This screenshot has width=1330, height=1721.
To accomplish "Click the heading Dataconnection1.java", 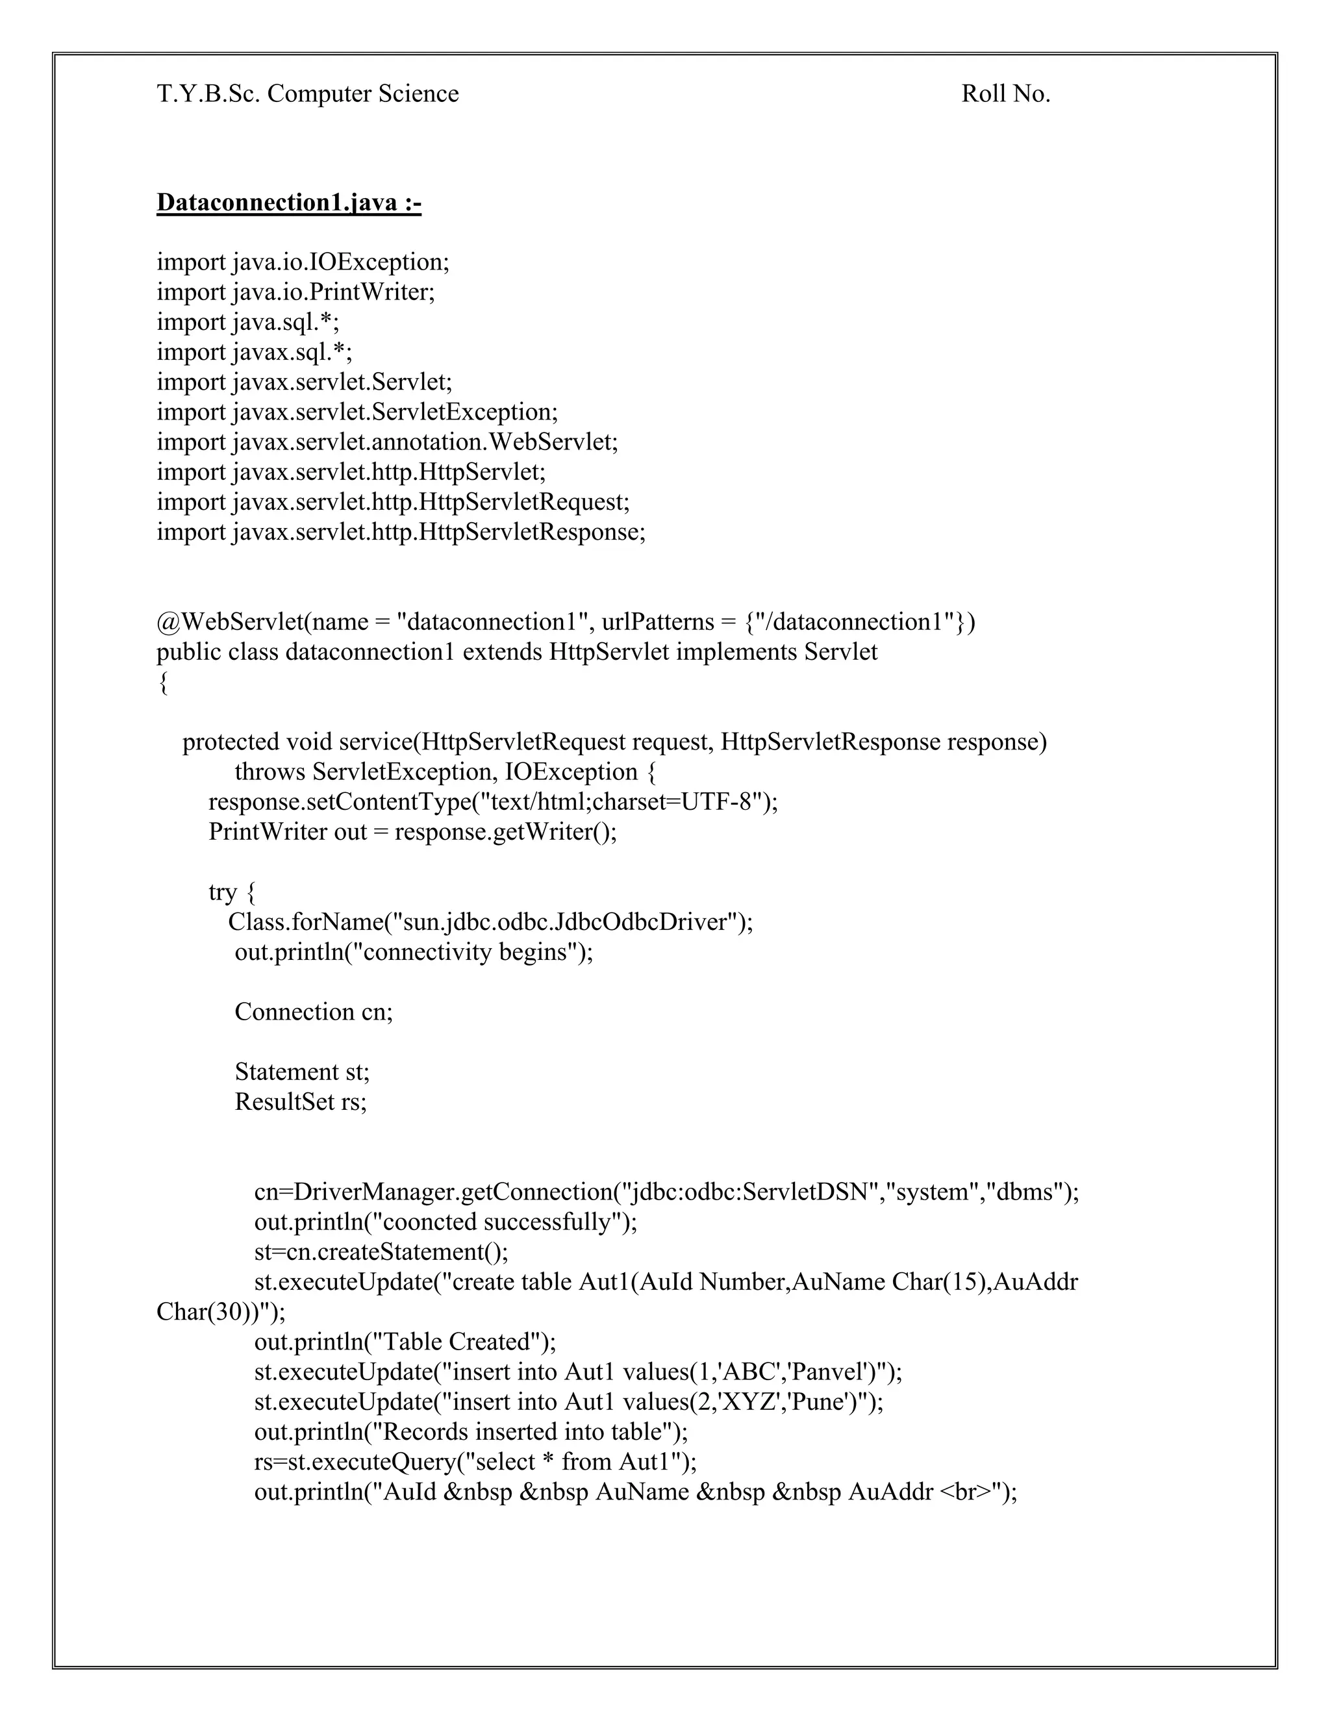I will point(288,203).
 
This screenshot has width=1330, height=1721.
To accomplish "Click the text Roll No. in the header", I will point(1005,95).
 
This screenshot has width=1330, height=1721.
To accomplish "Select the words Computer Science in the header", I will point(362,95).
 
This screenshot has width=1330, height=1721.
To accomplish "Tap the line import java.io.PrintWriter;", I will point(295,292).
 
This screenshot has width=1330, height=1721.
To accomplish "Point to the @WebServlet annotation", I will point(229,623).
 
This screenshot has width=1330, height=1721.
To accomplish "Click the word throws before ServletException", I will point(270,772).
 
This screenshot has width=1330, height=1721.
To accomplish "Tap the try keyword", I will point(222,892).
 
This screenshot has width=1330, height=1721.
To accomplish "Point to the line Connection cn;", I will point(314,1012).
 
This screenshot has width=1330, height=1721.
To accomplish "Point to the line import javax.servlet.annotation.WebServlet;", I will point(387,442).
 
